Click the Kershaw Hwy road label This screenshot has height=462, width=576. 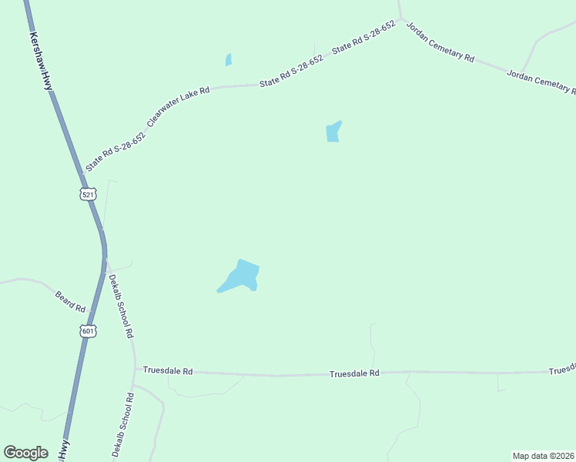tap(41, 62)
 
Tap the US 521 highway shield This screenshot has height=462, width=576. tap(88, 193)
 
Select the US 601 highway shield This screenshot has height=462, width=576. tap(88, 331)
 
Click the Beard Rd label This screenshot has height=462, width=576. tap(70, 301)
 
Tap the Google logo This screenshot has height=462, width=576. tap(25, 453)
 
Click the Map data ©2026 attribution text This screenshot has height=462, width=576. tap(543, 456)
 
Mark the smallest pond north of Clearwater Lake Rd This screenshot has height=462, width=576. tap(228, 60)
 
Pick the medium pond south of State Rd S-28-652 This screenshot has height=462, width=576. tap(333, 132)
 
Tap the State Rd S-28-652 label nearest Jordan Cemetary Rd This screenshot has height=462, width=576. tap(363, 37)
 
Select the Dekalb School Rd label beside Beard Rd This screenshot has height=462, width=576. tap(121, 306)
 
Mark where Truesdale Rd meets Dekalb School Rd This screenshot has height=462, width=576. tap(136, 370)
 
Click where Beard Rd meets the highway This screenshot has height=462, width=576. tap(90, 312)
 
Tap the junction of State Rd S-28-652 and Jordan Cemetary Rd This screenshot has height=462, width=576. tap(400, 18)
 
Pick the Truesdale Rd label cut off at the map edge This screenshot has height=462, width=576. tap(562, 370)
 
